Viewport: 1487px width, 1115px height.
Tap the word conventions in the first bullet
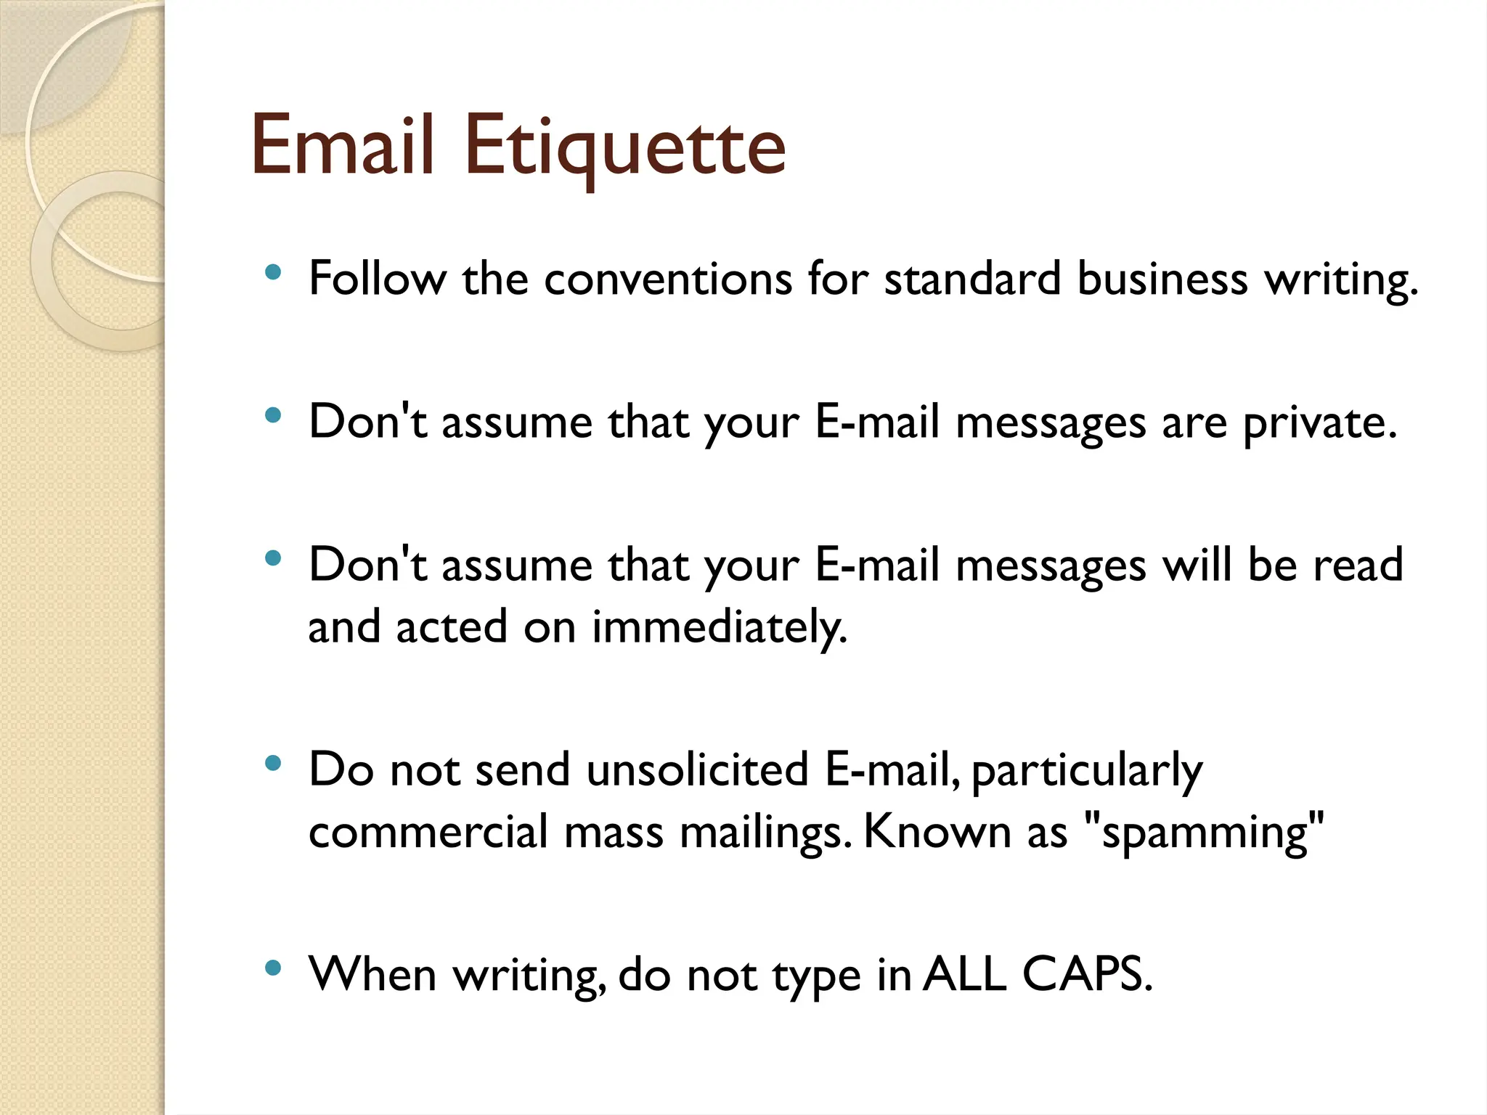pyautogui.click(x=668, y=279)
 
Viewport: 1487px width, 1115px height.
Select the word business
pyautogui.click(x=1162, y=279)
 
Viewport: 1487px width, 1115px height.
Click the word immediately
pyautogui.click(x=720, y=626)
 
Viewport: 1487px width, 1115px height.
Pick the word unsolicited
pyautogui.click(x=698, y=769)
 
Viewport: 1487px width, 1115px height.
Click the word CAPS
pyautogui.click(x=1087, y=974)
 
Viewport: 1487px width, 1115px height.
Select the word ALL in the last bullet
pyautogui.click(x=966, y=974)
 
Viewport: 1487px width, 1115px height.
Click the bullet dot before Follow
pyautogui.click(x=273, y=273)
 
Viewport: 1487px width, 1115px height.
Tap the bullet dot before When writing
pyautogui.click(x=273, y=968)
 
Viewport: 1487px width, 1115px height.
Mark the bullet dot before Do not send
pyautogui.click(x=273, y=763)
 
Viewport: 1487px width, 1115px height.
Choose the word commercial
pyautogui.click(x=428, y=832)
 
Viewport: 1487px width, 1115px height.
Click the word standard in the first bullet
pyautogui.click(x=973, y=279)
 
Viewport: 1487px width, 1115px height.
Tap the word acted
pyautogui.click(x=451, y=626)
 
